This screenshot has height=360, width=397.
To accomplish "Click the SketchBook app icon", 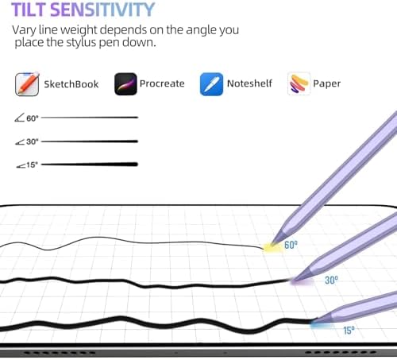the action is point(27,84).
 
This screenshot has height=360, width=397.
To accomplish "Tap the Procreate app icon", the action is point(125,84).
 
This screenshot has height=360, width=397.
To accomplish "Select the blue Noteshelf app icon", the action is point(211,84).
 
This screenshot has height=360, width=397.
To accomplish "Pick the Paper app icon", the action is point(299,83).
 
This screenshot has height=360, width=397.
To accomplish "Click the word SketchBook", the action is point(71,84).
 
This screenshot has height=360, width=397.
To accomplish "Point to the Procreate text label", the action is point(162,83).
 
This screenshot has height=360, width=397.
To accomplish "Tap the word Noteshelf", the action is point(249,83).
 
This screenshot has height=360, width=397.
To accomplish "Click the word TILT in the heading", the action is point(29,10).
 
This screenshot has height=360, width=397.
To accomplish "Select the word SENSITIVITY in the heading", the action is point(102,10).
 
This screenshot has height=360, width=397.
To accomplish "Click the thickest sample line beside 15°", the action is point(90,165).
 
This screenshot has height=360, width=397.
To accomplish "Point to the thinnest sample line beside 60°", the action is point(90,117).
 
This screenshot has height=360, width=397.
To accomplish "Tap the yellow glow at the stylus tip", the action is point(272,248).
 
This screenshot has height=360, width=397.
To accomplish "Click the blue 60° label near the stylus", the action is point(291,245).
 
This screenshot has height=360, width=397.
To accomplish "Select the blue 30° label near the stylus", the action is point(331,280).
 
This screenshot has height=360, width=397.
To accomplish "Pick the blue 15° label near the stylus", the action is point(349,330).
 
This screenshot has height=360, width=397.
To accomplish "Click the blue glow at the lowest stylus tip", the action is point(321,324).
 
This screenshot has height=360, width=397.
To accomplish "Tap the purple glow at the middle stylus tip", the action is point(301,281).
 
